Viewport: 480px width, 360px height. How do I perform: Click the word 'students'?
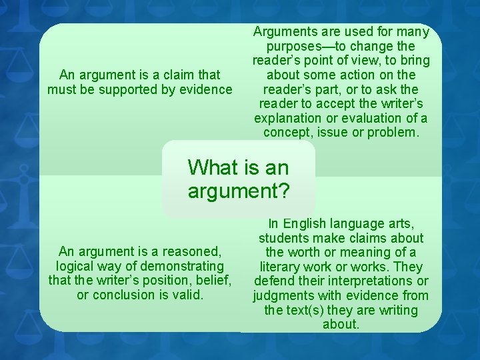click(284, 238)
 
